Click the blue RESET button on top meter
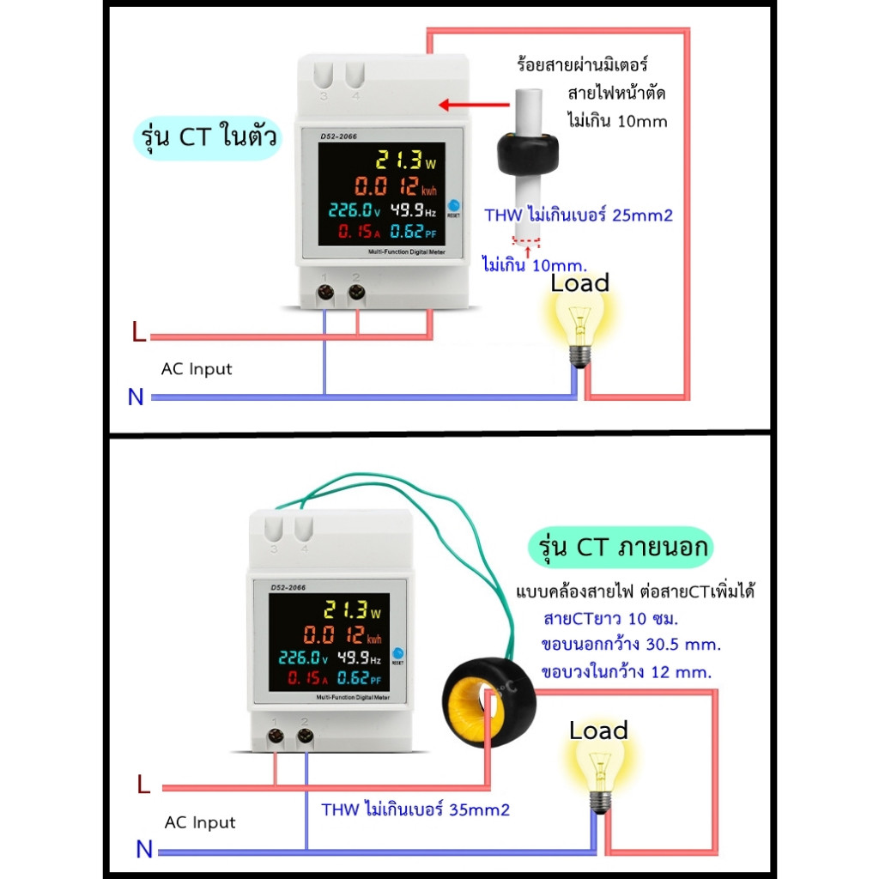[x=453, y=204]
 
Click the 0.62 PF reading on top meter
[x=412, y=232]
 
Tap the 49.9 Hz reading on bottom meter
[x=361, y=658]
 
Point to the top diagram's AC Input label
[x=197, y=369]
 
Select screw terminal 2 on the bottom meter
[x=305, y=737]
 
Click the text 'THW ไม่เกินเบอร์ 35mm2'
[x=415, y=809]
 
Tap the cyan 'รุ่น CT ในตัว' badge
[x=208, y=136]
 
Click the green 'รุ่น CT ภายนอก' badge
[x=618, y=547]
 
